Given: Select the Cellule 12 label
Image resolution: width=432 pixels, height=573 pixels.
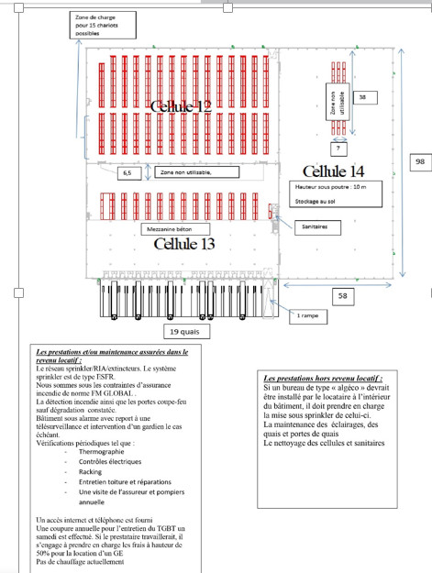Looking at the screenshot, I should (x=181, y=106).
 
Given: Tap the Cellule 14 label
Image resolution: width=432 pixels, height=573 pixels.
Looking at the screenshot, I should (x=332, y=171).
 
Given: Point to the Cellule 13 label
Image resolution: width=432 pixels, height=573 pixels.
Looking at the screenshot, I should (x=183, y=243).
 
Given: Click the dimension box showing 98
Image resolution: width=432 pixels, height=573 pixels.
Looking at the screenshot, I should (x=419, y=162).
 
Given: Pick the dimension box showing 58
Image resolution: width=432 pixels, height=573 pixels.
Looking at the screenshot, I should (x=341, y=296).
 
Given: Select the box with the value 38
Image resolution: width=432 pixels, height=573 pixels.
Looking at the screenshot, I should (x=362, y=97).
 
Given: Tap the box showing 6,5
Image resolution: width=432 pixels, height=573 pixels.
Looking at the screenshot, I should (x=127, y=171).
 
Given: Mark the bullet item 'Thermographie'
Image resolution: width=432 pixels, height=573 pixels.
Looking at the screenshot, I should (x=103, y=453).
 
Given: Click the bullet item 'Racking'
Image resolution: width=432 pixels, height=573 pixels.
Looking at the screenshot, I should (x=90, y=472).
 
